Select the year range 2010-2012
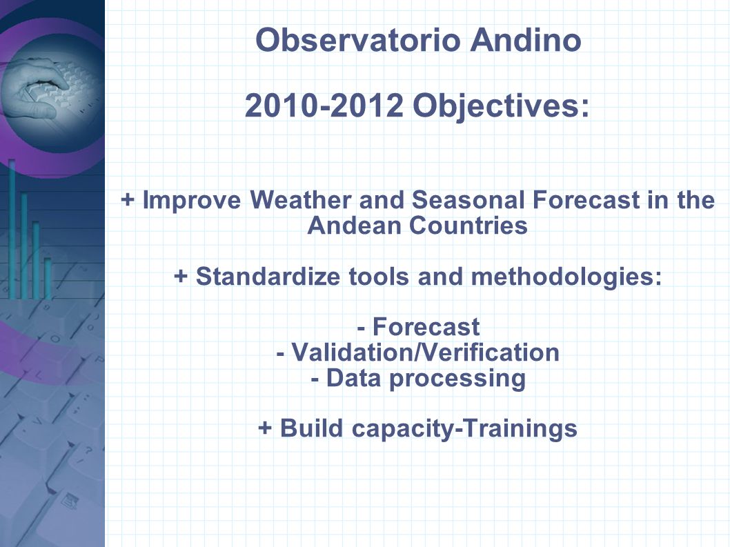(x=324, y=106)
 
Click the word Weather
(x=300, y=200)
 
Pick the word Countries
(x=468, y=226)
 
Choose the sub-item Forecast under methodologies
(x=426, y=327)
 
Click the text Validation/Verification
(x=425, y=352)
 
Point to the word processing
(x=457, y=379)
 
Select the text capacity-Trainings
(x=464, y=429)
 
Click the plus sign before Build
(x=265, y=428)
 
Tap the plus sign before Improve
(x=127, y=200)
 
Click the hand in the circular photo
(x=35, y=88)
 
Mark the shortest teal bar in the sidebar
(x=48, y=279)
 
